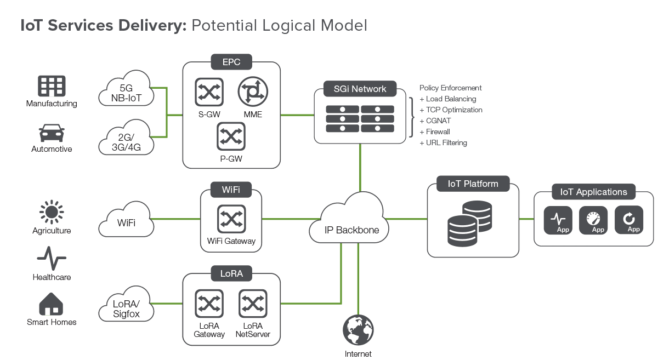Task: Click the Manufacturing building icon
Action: tap(52, 86)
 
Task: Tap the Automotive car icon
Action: tap(52, 134)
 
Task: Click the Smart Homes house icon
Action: tap(52, 304)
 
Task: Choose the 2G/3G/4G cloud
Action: tap(127, 139)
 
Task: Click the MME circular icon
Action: tap(253, 92)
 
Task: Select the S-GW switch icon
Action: tap(209, 92)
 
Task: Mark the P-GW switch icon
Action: tap(231, 136)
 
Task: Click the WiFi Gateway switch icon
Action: tap(231, 219)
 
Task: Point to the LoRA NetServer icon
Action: tap(253, 305)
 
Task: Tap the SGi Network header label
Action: tap(360, 89)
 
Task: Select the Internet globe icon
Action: tap(358, 330)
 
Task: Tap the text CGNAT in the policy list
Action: tap(439, 121)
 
